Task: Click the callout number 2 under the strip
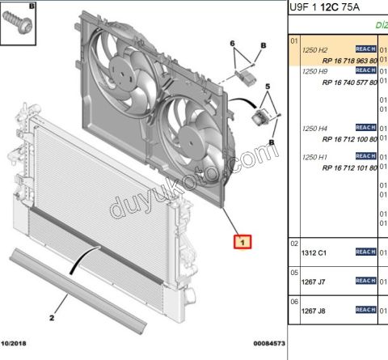pyautogui.click(x=52, y=318)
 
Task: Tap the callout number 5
pyautogui.click(x=269, y=84)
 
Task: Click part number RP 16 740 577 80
pyautogui.click(x=349, y=83)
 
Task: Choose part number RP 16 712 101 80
pyautogui.click(x=349, y=167)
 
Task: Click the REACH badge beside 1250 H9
pyautogui.click(x=365, y=71)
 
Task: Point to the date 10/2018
pyautogui.click(x=17, y=344)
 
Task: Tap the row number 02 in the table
pyautogui.click(x=294, y=244)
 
